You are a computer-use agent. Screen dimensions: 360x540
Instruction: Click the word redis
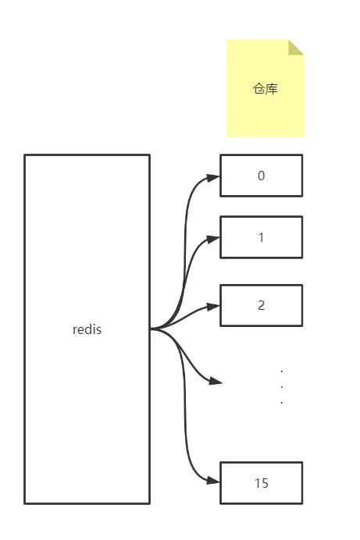[x=87, y=329]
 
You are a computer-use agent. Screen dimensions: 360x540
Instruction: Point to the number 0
[x=261, y=176]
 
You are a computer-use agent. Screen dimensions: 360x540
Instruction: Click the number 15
[x=262, y=483]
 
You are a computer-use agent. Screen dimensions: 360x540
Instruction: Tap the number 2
[x=261, y=305]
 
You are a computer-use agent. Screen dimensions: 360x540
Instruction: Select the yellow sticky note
[x=265, y=88]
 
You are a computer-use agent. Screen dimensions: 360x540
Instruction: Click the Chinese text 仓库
[x=265, y=89]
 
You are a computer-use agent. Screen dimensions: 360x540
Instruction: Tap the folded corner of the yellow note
[x=296, y=48]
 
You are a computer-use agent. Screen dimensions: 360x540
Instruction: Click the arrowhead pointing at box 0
[x=213, y=177]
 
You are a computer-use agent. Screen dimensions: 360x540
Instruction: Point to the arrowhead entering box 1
[x=213, y=239]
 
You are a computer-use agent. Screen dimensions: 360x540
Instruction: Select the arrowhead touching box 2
[x=213, y=307]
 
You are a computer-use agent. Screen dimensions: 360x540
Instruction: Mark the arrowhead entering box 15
[x=213, y=481]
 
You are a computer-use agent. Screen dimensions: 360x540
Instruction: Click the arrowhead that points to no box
[x=216, y=381]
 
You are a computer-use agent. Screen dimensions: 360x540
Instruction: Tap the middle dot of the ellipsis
[x=282, y=387]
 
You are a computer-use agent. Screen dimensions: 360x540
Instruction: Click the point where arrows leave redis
[x=151, y=329]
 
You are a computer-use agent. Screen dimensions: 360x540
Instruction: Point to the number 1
[x=261, y=237]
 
